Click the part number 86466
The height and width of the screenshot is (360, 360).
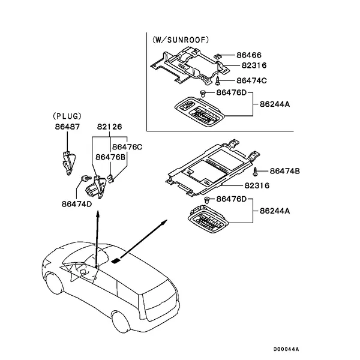(249, 55)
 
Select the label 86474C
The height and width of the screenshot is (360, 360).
(251, 80)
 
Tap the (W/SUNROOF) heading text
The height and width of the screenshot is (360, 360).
(181, 40)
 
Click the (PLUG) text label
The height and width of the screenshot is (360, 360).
(67, 116)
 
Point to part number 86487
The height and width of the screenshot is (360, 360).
(67, 127)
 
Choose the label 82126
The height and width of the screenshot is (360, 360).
(110, 127)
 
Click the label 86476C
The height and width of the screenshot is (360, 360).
(127, 147)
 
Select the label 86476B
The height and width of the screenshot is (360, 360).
(110, 157)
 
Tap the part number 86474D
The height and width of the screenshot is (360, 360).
(77, 204)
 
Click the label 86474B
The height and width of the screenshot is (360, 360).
(284, 171)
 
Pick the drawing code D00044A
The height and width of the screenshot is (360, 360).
(286, 349)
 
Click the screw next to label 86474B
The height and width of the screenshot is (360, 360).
(255, 172)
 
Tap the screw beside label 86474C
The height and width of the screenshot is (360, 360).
(218, 81)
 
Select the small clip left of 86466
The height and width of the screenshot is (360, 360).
(217, 55)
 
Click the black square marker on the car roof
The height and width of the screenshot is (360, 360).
(116, 260)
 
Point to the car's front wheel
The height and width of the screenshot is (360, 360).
(55, 283)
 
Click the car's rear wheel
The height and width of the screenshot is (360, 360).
(121, 322)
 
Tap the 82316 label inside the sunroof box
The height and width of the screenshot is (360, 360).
(254, 65)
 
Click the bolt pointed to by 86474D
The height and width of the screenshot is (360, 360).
(86, 178)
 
